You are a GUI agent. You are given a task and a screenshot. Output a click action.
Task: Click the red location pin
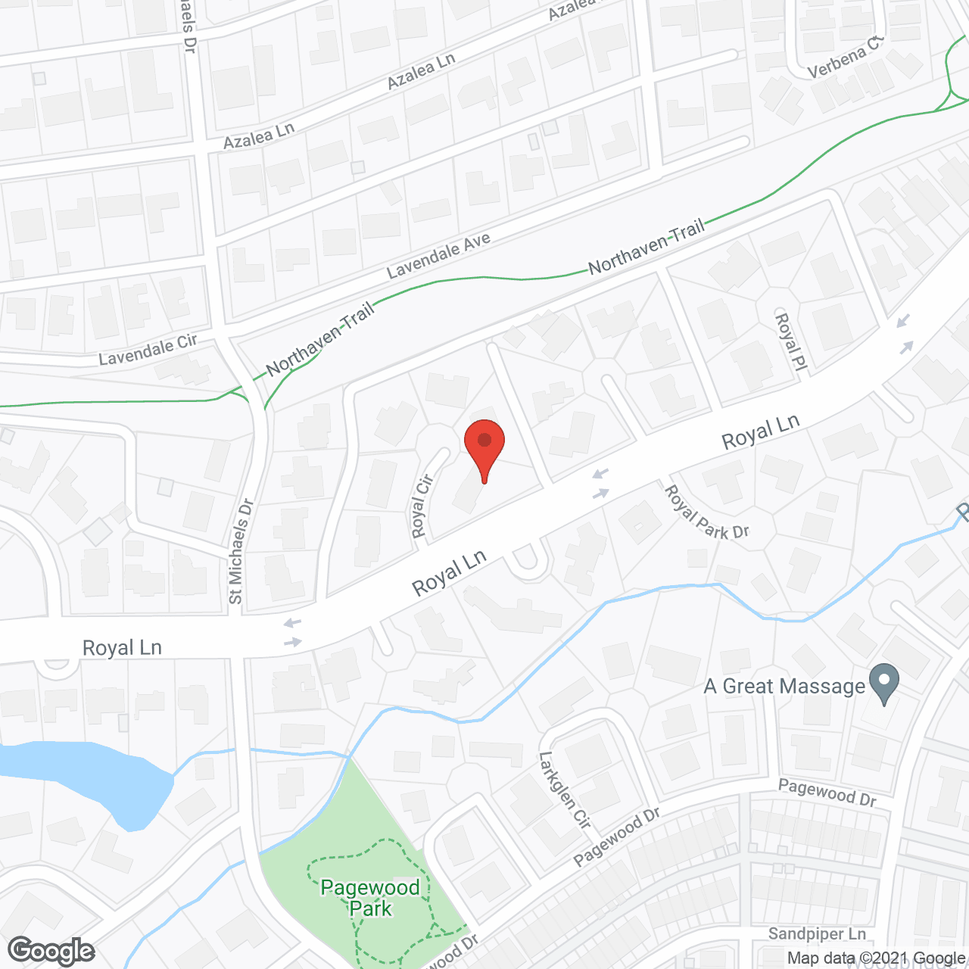tap(484, 447)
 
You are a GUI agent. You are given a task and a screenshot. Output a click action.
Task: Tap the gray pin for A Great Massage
tap(883, 683)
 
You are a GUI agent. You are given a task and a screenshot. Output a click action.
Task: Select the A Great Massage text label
tap(784, 687)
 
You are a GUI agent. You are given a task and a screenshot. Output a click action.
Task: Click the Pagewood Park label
tap(370, 898)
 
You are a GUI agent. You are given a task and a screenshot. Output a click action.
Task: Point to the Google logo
tap(51, 951)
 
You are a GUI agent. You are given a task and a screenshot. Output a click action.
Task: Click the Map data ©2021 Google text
tap(876, 958)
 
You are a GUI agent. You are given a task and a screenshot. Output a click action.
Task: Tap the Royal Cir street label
tap(422, 506)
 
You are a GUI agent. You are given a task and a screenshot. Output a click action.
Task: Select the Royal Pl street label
tap(788, 342)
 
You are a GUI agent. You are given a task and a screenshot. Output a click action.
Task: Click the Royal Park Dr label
tap(706, 513)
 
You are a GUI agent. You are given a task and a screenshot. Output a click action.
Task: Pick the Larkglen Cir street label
tap(564, 790)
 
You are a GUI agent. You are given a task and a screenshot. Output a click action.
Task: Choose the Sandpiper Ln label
tap(817, 933)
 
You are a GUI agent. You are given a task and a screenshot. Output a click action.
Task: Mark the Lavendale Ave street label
tap(438, 255)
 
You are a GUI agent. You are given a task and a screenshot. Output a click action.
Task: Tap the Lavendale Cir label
tap(148, 350)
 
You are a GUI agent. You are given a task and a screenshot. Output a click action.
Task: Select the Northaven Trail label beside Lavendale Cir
tap(321, 340)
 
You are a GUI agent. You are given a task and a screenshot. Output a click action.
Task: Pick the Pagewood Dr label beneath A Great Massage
tap(827, 793)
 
